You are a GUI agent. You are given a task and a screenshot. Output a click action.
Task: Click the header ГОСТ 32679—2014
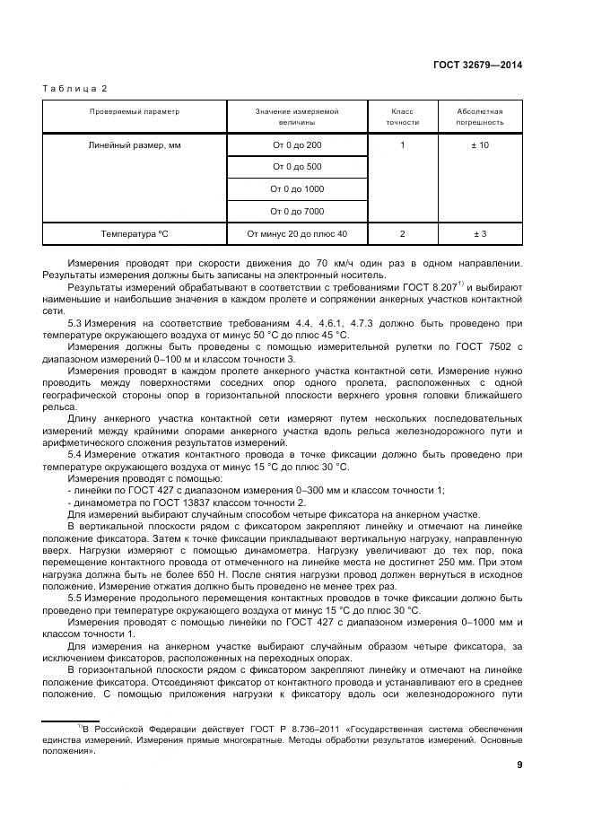pyautogui.click(x=478, y=65)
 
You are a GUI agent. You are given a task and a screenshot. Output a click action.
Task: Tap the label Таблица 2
pyautogui.click(x=74, y=88)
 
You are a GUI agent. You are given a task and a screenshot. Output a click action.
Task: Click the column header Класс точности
pyautogui.click(x=402, y=117)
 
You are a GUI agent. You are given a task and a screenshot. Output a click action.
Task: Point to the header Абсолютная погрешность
pyautogui.click(x=480, y=117)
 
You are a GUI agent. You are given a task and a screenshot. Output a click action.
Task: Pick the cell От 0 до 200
pyautogui.click(x=297, y=144)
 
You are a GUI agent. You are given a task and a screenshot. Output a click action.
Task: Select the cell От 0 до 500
pyautogui.click(x=297, y=167)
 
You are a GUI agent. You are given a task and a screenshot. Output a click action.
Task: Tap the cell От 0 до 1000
pyautogui.click(x=297, y=189)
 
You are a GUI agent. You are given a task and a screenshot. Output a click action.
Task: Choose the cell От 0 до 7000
pyautogui.click(x=297, y=211)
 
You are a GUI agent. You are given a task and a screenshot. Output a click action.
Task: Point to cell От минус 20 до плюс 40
pyautogui.click(x=297, y=234)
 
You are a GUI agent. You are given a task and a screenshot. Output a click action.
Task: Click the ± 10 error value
pyautogui.click(x=480, y=144)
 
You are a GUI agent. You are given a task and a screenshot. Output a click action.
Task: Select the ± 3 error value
pyautogui.click(x=480, y=234)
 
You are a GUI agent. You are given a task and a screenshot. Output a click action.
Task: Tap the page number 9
pyautogui.click(x=519, y=765)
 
